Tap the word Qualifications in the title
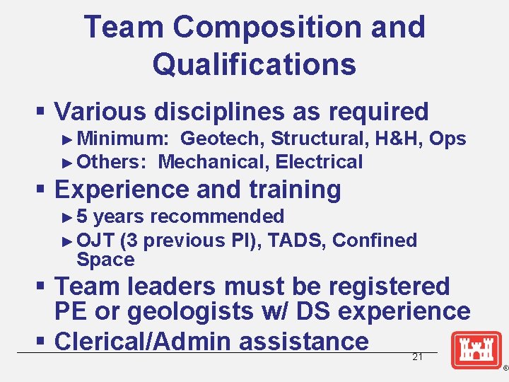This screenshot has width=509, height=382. pyautogui.click(x=254, y=64)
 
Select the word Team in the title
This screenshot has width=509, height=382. pyautogui.click(x=124, y=28)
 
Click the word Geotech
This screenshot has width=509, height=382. pyautogui.click(x=222, y=139)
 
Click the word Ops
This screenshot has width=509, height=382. pyautogui.click(x=447, y=139)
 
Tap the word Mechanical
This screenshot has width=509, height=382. pyautogui.click(x=213, y=162)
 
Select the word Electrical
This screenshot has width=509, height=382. pyautogui.click(x=320, y=162)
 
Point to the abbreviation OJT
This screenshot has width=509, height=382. pyautogui.click(x=95, y=241)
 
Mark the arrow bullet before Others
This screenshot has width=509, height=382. pyautogui.click(x=68, y=162)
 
